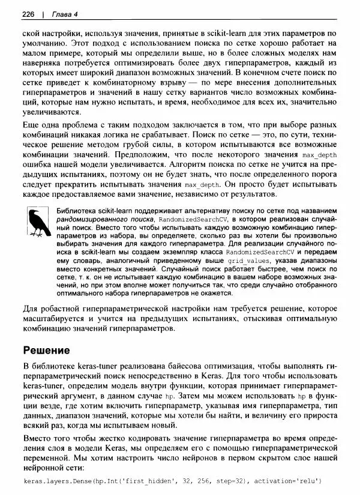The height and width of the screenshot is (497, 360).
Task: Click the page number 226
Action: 28,14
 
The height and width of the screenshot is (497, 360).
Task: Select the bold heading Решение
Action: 46,349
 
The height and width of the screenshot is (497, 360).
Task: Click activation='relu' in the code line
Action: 291,481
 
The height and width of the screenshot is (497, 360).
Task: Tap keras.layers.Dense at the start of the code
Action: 55,481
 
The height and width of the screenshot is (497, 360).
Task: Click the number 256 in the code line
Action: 199,481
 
